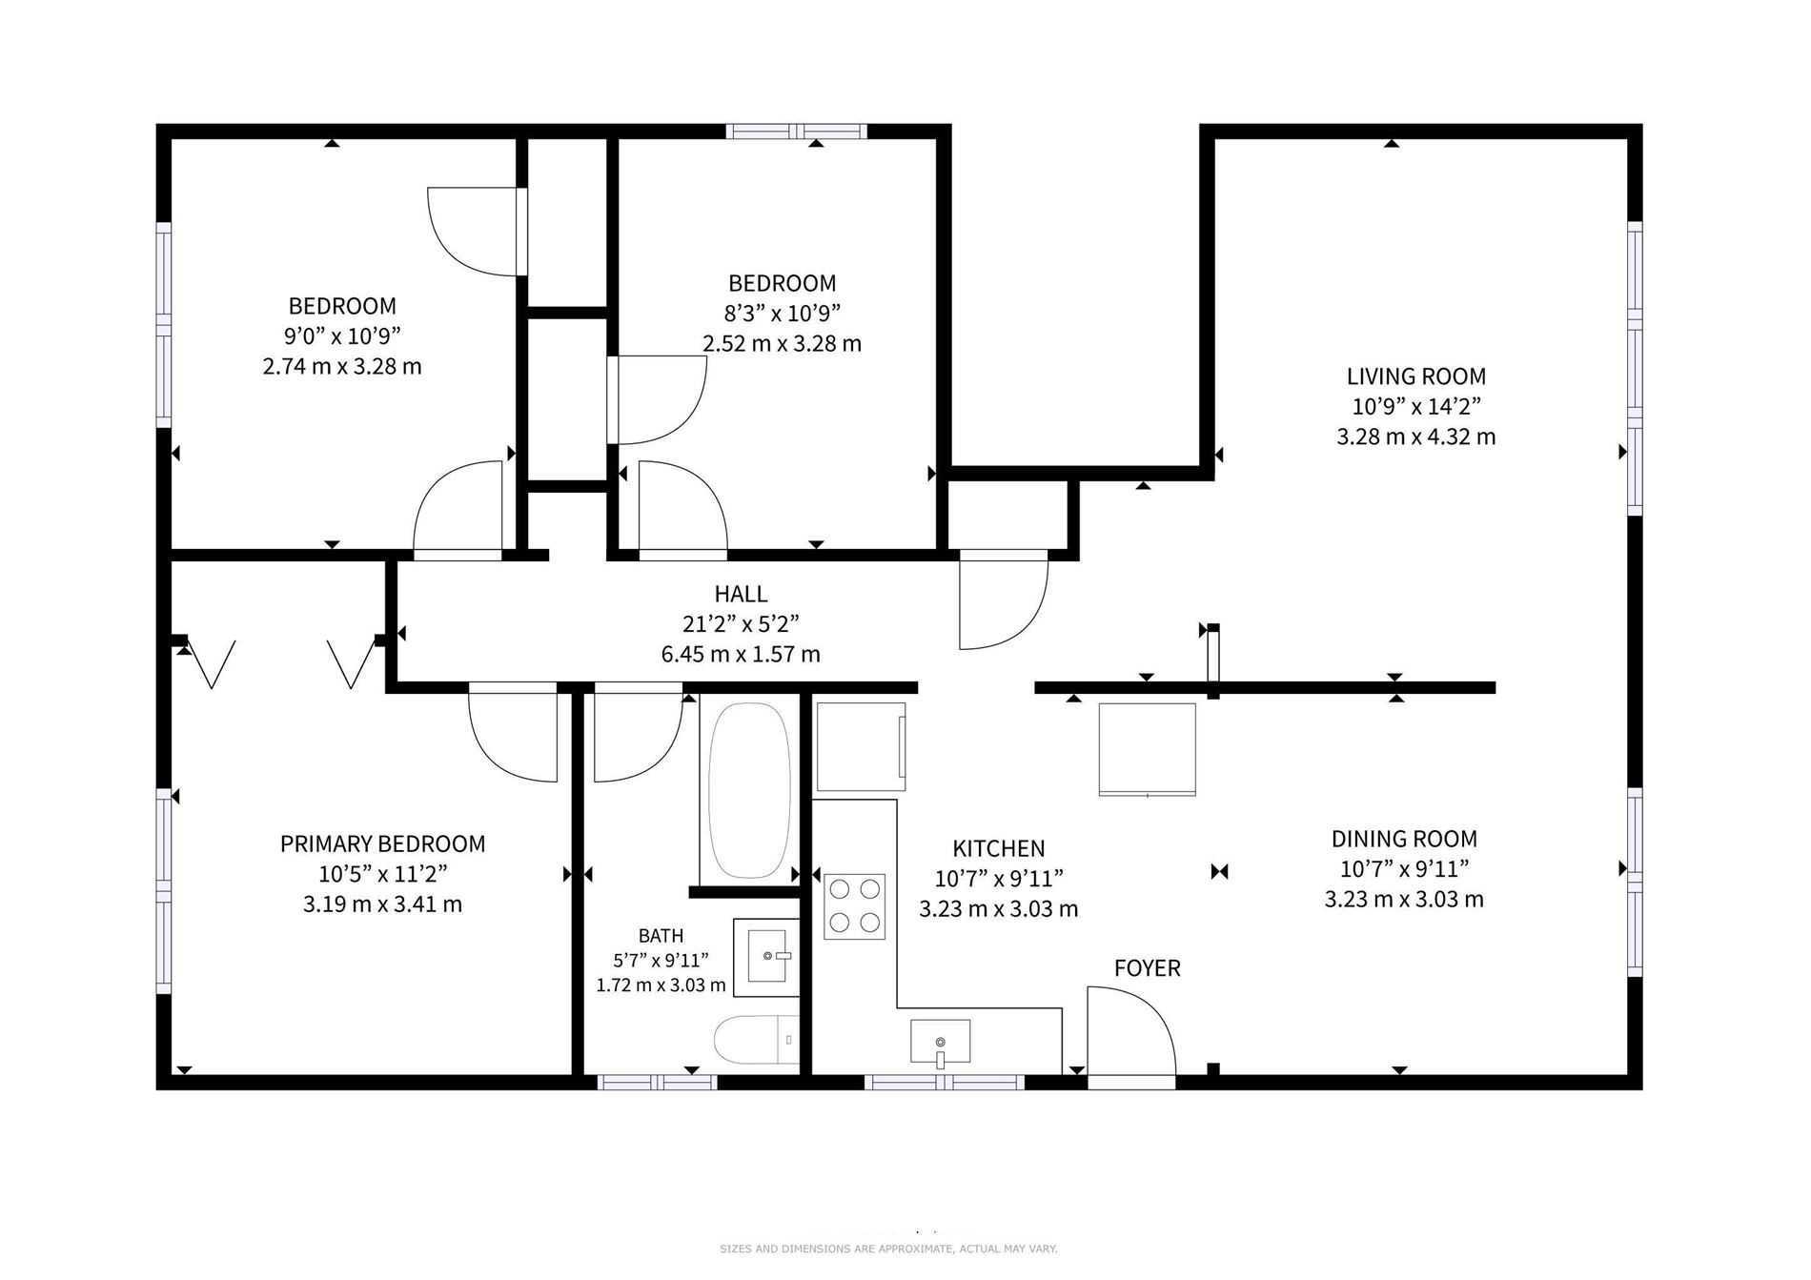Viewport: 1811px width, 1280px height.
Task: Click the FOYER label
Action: (x=1148, y=968)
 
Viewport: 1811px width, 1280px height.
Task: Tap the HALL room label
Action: (x=741, y=594)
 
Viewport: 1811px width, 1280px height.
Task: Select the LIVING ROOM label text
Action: (x=1416, y=376)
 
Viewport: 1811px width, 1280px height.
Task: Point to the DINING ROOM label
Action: (x=1404, y=839)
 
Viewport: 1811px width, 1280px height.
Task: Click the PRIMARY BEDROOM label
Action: (x=382, y=843)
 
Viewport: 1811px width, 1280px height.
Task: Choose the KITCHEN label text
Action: (x=999, y=848)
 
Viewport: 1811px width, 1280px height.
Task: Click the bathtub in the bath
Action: (x=749, y=790)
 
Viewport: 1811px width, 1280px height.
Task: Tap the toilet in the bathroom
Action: (x=757, y=1041)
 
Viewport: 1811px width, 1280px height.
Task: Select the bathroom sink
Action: (x=765, y=957)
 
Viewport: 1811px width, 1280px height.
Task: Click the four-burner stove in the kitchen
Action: (x=854, y=906)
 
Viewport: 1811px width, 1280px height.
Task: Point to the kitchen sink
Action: (x=940, y=1042)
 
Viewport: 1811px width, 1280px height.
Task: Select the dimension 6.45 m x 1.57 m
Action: (x=741, y=655)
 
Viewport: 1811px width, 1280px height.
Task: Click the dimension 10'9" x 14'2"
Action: (x=1416, y=407)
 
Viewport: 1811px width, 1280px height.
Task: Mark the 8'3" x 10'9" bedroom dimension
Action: (x=783, y=313)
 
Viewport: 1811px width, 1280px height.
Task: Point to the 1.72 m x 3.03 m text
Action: (x=661, y=985)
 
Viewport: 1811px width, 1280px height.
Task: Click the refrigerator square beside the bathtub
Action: (x=862, y=747)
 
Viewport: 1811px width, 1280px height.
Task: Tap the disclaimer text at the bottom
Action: (x=888, y=1249)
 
